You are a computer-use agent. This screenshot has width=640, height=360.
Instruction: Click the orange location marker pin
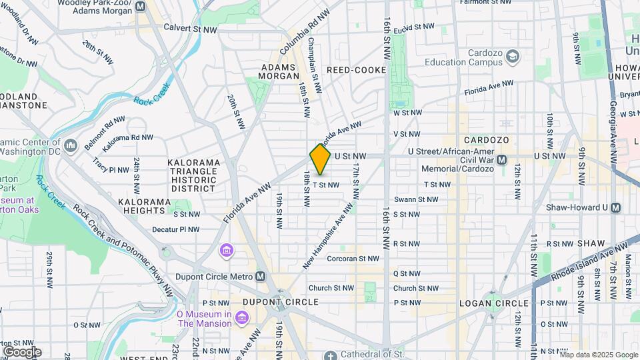[x=320, y=159]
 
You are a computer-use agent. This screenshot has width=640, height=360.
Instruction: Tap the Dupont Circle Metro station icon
[x=260, y=277]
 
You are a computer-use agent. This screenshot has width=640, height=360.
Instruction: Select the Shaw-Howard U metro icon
[x=615, y=207]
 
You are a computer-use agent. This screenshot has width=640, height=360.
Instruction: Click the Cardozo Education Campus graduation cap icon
[x=512, y=57]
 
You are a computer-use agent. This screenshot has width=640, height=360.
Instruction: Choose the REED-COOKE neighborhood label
[x=356, y=70]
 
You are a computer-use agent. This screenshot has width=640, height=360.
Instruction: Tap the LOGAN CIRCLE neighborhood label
[x=493, y=303]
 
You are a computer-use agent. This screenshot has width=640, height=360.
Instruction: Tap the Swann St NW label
[x=415, y=199]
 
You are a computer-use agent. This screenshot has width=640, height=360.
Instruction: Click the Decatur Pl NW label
[x=175, y=229]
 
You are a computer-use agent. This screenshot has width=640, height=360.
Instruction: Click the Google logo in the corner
[x=22, y=351]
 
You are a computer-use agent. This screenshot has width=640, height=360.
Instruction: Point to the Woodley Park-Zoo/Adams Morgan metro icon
[x=140, y=7]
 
